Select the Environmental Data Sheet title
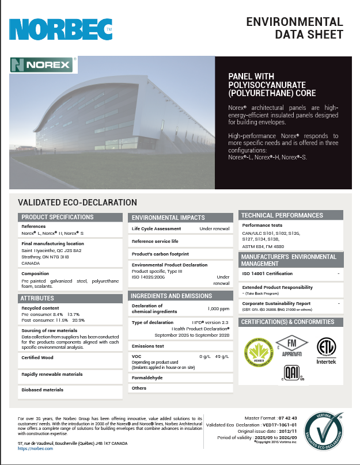point(294,28)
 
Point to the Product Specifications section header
point(57,217)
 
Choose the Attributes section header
point(38,298)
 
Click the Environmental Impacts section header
point(168,218)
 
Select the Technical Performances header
point(282,215)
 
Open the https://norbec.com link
point(35,448)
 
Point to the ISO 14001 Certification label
point(267,273)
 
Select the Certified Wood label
point(38,357)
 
